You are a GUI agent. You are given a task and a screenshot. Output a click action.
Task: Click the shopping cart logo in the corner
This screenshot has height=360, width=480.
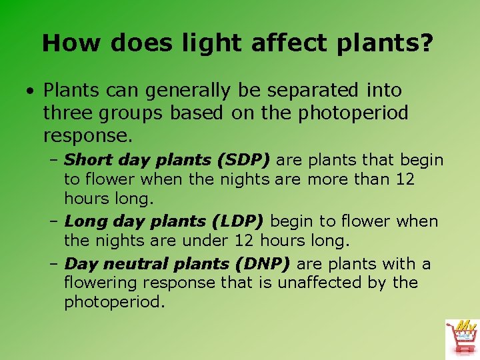tap(462, 337)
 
